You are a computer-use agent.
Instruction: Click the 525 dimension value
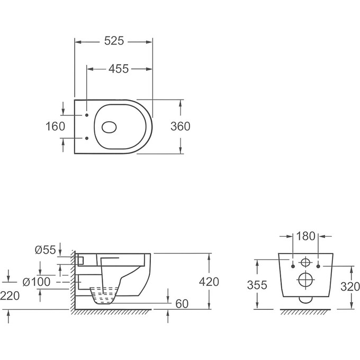113,40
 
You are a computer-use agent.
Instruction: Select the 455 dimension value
119,69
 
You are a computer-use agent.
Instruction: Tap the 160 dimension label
56,126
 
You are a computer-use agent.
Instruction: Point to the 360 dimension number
181,126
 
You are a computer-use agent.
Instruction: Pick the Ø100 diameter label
40,282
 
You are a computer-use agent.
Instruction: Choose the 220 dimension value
10,295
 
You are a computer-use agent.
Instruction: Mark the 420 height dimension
210,282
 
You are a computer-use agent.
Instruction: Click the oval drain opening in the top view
109,127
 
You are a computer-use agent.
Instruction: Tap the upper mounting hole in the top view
86,114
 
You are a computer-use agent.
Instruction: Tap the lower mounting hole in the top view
86,139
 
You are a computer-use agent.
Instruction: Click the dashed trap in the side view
104,294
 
